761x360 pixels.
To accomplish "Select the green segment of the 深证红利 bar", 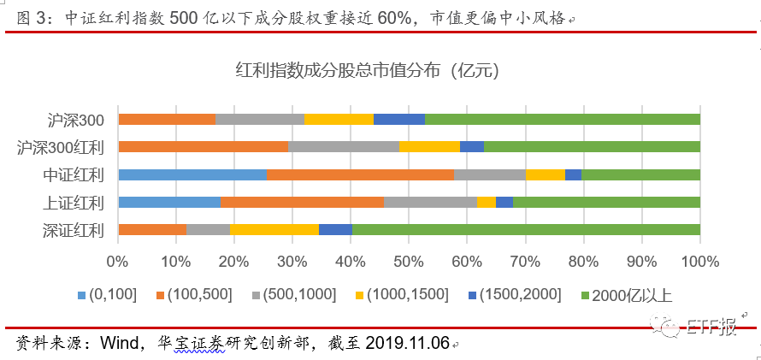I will [526, 229].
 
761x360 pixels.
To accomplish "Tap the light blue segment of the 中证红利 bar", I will [192, 174].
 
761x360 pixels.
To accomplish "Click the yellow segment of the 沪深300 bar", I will [339, 119].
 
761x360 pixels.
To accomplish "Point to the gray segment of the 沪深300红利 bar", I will [344, 146].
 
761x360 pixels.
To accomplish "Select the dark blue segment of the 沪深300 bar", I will [399, 119].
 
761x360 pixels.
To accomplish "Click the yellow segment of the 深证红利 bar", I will [274, 229].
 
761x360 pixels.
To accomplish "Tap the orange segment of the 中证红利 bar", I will [360, 174].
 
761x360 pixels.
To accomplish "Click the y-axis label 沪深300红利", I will [61, 147].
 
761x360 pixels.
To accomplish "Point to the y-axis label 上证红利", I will [74, 203].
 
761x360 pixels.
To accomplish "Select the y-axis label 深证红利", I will [74, 230].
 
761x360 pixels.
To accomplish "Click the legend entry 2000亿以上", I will [631, 295].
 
